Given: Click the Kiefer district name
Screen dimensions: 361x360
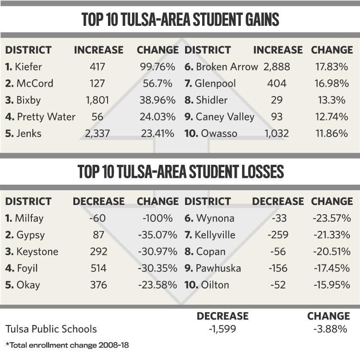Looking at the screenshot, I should (28, 67).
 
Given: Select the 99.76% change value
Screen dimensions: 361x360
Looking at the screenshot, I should (157, 67).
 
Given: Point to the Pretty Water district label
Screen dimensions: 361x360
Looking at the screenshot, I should (45, 117).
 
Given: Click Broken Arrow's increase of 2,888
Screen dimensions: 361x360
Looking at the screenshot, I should (277, 67).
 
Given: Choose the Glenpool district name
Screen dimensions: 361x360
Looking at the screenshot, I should (216, 84).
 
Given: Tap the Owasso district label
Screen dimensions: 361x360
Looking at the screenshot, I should (219, 133).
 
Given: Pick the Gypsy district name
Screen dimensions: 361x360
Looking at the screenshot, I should (30, 235).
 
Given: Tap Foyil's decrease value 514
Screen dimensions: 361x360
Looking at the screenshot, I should (98, 268).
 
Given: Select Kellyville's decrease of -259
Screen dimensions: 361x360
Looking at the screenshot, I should (277, 235).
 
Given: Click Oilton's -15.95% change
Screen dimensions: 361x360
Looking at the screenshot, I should (331, 285).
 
